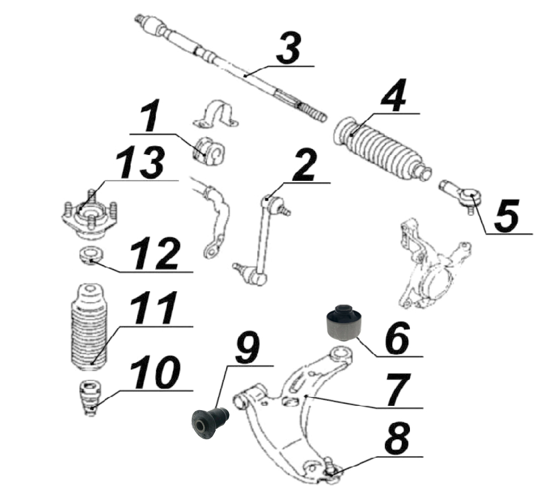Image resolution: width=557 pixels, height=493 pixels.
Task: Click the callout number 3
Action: pyautogui.click(x=289, y=47)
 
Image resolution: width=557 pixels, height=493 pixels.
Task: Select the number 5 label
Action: pyautogui.click(x=506, y=216)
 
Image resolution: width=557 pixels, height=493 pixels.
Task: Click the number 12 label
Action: pyautogui.click(x=155, y=254)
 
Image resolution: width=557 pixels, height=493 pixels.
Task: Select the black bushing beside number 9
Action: pyautogui.click(x=210, y=424)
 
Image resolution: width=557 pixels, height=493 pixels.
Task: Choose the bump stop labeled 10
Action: pyautogui.click(x=90, y=398)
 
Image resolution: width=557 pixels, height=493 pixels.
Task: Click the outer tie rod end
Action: pyautogui.click(x=461, y=195)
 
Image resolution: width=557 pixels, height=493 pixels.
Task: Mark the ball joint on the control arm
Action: pyautogui.click(x=331, y=470)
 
